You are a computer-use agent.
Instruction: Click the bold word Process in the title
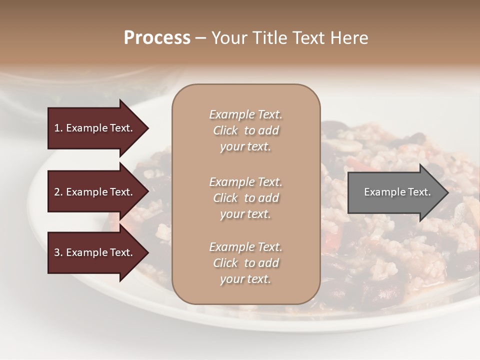click(x=157, y=38)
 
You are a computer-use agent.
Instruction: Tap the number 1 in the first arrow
click(x=57, y=128)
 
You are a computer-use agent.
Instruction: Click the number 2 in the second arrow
click(x=57, y=192)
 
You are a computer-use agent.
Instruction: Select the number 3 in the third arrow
click(x=57, y=252)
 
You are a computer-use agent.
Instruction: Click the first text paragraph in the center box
click(x=245, y=130)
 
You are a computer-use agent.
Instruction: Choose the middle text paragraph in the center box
click(x=245, y=198)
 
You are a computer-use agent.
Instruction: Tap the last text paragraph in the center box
click(x=245, y=263)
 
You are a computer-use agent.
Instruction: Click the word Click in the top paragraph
click(x=225, y=130)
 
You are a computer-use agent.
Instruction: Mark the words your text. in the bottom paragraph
click(x=245, y=279)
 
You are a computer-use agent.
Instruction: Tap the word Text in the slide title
click(x=307, y=38)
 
